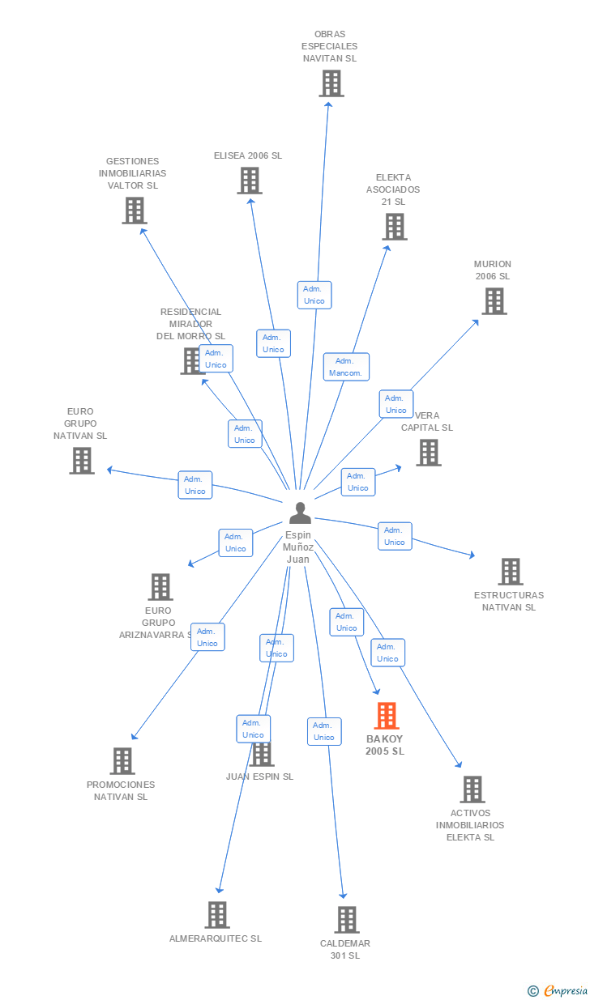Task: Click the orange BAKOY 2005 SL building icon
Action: point(387,716)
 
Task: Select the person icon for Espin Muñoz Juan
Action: point(300,513)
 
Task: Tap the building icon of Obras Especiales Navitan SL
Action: point(331,83)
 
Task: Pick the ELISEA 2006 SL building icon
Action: point(250,181)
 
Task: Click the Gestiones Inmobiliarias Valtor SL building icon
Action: point(135,211)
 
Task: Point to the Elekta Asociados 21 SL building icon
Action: point(395,227)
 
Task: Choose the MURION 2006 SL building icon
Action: point(494,301)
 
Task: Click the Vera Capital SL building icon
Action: point(429,453)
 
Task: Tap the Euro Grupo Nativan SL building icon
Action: point(82,461)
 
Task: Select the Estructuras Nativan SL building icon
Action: point(510,572)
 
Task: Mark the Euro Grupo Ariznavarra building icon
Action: point(160,587)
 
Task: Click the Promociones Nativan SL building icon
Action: point(122,761)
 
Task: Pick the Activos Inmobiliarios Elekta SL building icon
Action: point(472,789)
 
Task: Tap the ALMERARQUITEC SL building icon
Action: point(216,915)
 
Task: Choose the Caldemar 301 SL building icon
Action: point(347,920)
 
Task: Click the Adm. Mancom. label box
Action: point(346,367)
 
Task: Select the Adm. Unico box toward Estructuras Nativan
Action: point(395,536)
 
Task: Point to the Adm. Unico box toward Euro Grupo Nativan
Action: point(195,485)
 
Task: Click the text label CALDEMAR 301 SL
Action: point(345,950)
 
